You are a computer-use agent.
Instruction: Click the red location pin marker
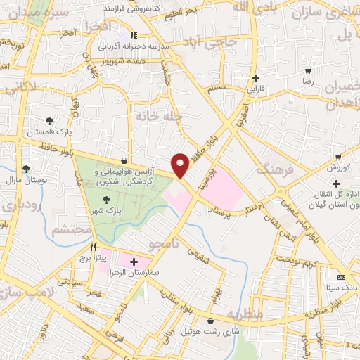click(181, 164)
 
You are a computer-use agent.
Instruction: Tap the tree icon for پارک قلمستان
click(49, 120)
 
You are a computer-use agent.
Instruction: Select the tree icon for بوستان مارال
click(26, 169)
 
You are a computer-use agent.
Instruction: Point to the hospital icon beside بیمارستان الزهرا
click(134, 262)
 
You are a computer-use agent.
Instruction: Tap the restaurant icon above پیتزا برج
click(93, 247)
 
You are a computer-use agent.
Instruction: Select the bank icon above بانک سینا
click(341, 277)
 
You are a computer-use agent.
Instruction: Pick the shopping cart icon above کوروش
click(338, 156)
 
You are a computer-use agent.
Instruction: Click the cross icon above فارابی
click(255, 78)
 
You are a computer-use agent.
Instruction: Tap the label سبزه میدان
click(25, 12)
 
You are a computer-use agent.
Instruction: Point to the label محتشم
click(72, 229)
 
